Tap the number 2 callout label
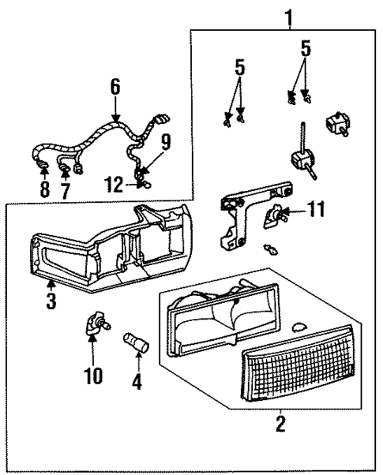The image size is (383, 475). [279, 426]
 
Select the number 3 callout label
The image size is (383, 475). [51, 301]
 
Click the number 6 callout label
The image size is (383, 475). [115, 86]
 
